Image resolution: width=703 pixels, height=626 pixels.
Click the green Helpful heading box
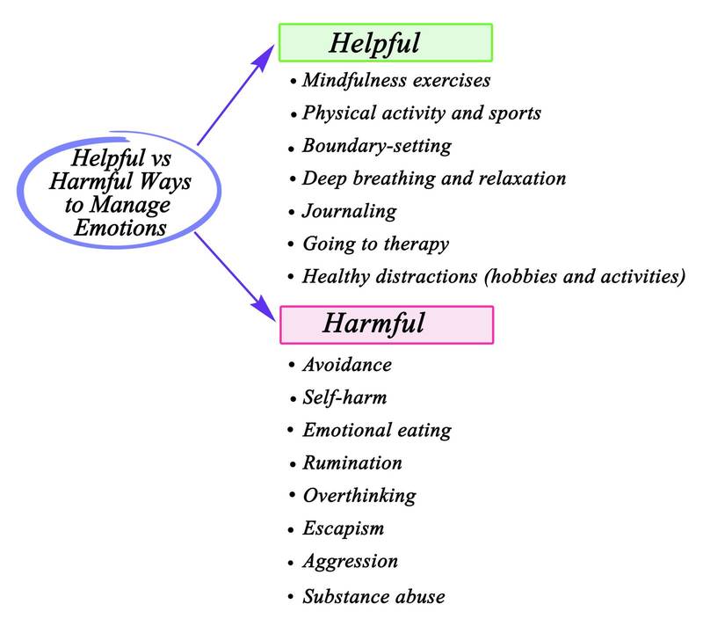click(385, 41)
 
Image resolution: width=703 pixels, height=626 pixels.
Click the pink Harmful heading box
click(387, 324)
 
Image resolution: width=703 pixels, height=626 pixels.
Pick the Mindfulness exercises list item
click(395, 80)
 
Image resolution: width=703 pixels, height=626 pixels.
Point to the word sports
click(513, 113)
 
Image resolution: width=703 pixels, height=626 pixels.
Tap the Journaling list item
click(349, 211)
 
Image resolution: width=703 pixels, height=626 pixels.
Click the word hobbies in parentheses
click(503, 276)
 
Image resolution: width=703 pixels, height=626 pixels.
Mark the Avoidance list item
click(346, 364)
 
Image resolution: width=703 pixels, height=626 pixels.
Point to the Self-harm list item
click(344, 397)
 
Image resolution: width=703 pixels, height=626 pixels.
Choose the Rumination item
click(351, 462)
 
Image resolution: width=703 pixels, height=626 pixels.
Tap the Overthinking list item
click(359, 495)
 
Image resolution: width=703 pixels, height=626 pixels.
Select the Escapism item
click(343, 528)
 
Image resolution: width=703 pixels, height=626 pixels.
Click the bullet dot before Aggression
click(291, 563)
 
